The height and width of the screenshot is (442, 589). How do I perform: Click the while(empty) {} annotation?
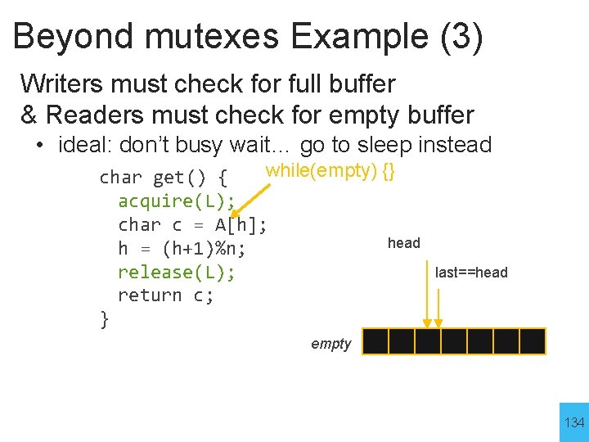pos(330,170)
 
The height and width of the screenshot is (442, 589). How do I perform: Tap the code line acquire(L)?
pos(177,201)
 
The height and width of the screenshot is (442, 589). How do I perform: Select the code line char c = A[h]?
pos(192,224)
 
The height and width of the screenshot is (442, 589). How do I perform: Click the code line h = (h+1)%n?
pos(182,248)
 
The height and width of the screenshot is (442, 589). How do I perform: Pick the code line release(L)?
pos(177,272)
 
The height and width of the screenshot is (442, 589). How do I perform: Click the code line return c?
pos(166,295)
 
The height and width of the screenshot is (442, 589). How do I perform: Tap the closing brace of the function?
pos(104,319)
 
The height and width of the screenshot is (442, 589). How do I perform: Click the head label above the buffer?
pos(403,243)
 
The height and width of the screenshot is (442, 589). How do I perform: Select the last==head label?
pos(471,273)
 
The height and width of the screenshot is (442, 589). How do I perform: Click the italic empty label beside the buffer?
pos(330,344)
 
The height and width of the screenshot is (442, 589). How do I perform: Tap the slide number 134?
pos(574,422)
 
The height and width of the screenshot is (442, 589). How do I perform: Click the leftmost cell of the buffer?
pos(375,341)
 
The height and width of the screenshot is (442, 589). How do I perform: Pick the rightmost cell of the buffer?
pos(533,341)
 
